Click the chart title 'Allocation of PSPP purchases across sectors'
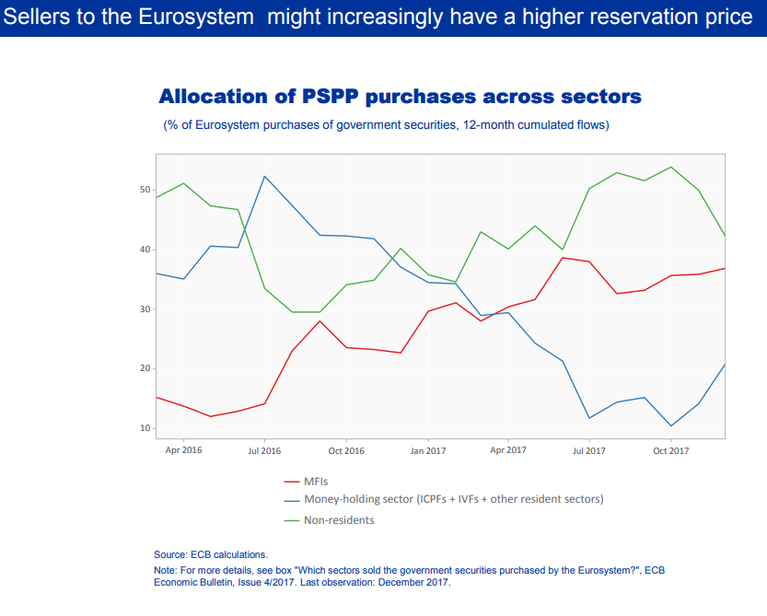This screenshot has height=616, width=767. click(x=400, y=97)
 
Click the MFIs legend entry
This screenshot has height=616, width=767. click(x=316, y=481)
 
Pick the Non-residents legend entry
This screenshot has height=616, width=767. click(x=339, y=520)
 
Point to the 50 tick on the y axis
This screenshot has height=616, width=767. click(x=145, y=190)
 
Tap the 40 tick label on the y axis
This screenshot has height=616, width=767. click(x=145, y=250)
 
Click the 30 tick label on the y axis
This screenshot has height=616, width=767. click(x=145, y=309)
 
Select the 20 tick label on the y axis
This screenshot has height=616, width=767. click(x=145, y=368)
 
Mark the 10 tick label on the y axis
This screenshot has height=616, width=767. click(x=145, y=428)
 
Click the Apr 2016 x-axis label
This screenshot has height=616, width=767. click(x=183, y=450)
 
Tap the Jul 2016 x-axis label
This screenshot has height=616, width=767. click(x=264, y=450)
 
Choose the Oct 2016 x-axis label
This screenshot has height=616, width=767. click(x=346, y=450)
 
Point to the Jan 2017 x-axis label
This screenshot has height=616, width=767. click(x=427, y=450)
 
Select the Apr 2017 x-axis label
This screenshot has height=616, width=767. click(x=508, y=450)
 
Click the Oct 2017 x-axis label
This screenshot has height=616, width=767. click(x=670, y=450)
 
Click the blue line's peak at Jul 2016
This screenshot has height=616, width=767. click(x=265, y=177)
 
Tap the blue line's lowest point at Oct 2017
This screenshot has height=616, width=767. click(x=670, y=425)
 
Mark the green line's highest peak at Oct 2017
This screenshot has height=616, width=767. click(x=670, y=168)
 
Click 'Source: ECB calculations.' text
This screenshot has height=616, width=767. click(x=211, y=554)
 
